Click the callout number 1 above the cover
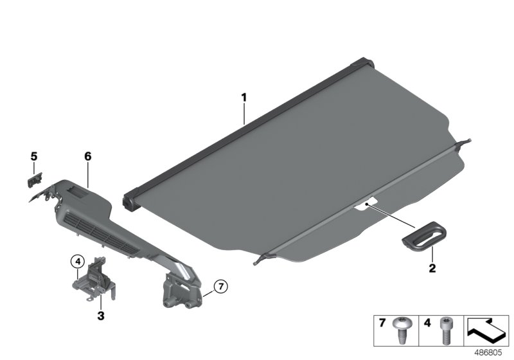click(244, 98)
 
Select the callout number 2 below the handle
click(432, 268)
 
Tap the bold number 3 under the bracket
click(101, 316)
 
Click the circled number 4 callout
click(78, 261)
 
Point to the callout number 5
click(34, 156)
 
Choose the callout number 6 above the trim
click(87, 156)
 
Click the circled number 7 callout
click(220, 287)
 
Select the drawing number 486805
click(488, 353)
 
